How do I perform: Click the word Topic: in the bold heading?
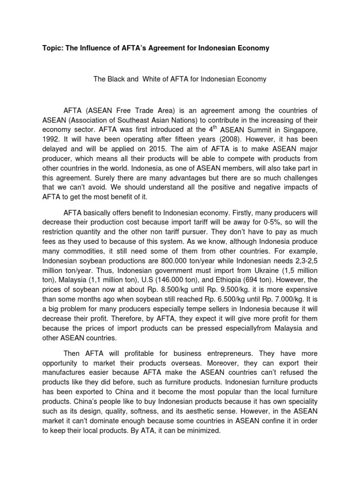tap(53, 48)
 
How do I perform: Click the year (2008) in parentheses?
tap(209, 140)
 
